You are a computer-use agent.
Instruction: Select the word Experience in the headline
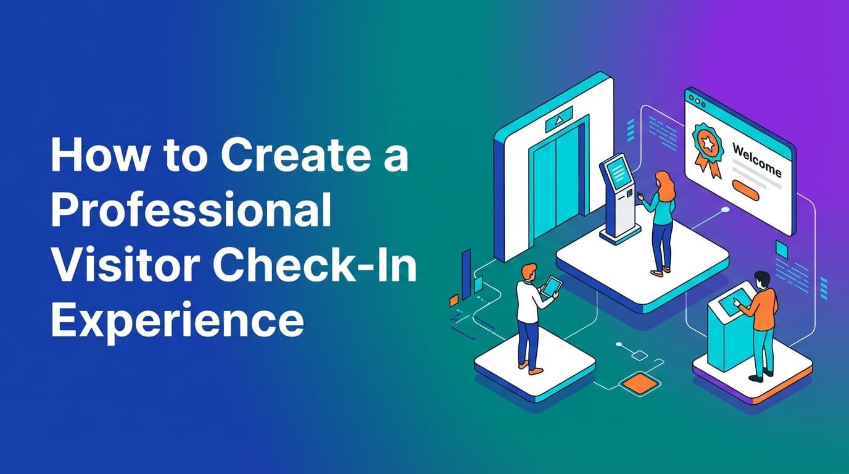pyautogui.click(x=177, y=320)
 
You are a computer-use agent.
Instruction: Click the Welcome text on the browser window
pyautogui.click(x=756, y=160)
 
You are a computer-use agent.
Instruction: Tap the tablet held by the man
pyautogui.click(x=551, y=286)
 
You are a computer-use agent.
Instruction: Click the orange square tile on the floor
pyautogui.click(x=636, y=383)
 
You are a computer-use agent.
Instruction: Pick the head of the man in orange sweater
pyautogui.click(x=761, y=279)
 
